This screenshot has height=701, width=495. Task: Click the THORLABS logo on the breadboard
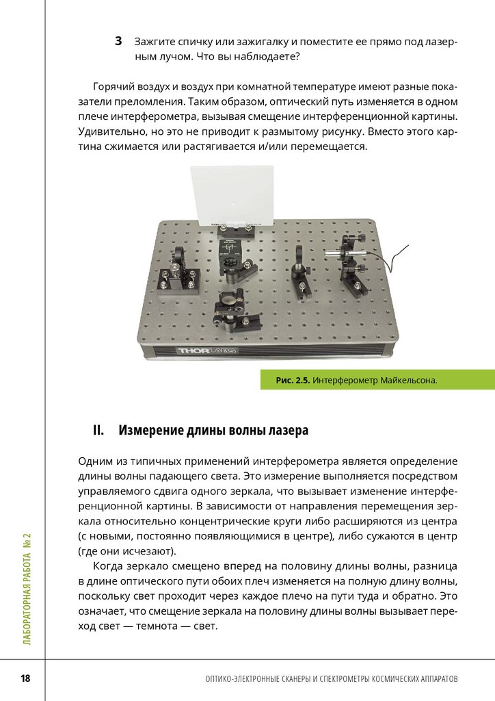(208, 351)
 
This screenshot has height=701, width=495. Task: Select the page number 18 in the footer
(25, 678)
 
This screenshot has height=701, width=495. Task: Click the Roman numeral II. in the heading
(98, 431)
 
